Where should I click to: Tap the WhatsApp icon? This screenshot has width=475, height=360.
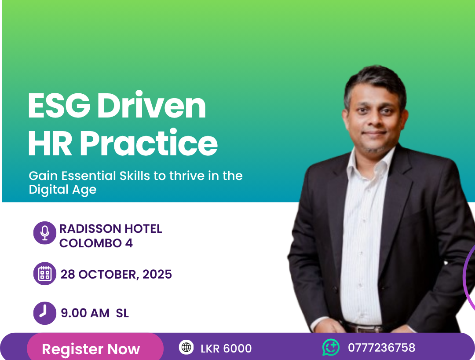(331, 347)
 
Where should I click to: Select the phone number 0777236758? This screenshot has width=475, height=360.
(381, 348)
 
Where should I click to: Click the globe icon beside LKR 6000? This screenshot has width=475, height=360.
(186, 347)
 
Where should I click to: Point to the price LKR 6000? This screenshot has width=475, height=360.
(226, 349)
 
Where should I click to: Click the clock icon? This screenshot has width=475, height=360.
(45, 313)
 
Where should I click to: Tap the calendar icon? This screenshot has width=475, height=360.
(45, 274)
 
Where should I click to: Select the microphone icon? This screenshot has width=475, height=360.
(45, 233)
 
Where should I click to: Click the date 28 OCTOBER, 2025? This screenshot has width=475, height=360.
(116, 274)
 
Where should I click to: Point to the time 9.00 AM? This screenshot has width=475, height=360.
(85, 313)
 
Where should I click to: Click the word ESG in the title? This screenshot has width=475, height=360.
(59, 105)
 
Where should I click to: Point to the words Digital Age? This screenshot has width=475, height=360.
(62, 190)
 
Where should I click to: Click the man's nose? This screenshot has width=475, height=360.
(373, 120)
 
